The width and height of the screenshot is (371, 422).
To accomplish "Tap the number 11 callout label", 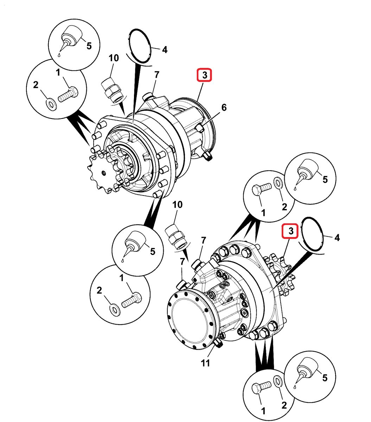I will tap(205, 363).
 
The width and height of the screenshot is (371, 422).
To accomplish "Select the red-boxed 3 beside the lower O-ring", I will tap(291, 231).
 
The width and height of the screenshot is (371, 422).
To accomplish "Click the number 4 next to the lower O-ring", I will tap(337, 238).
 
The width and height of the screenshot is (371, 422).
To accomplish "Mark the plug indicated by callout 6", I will tap(200, 128).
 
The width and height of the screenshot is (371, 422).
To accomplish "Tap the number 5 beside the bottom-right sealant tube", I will tap(325, 378).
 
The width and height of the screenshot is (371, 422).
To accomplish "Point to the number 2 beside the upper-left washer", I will tap(36, 85).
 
